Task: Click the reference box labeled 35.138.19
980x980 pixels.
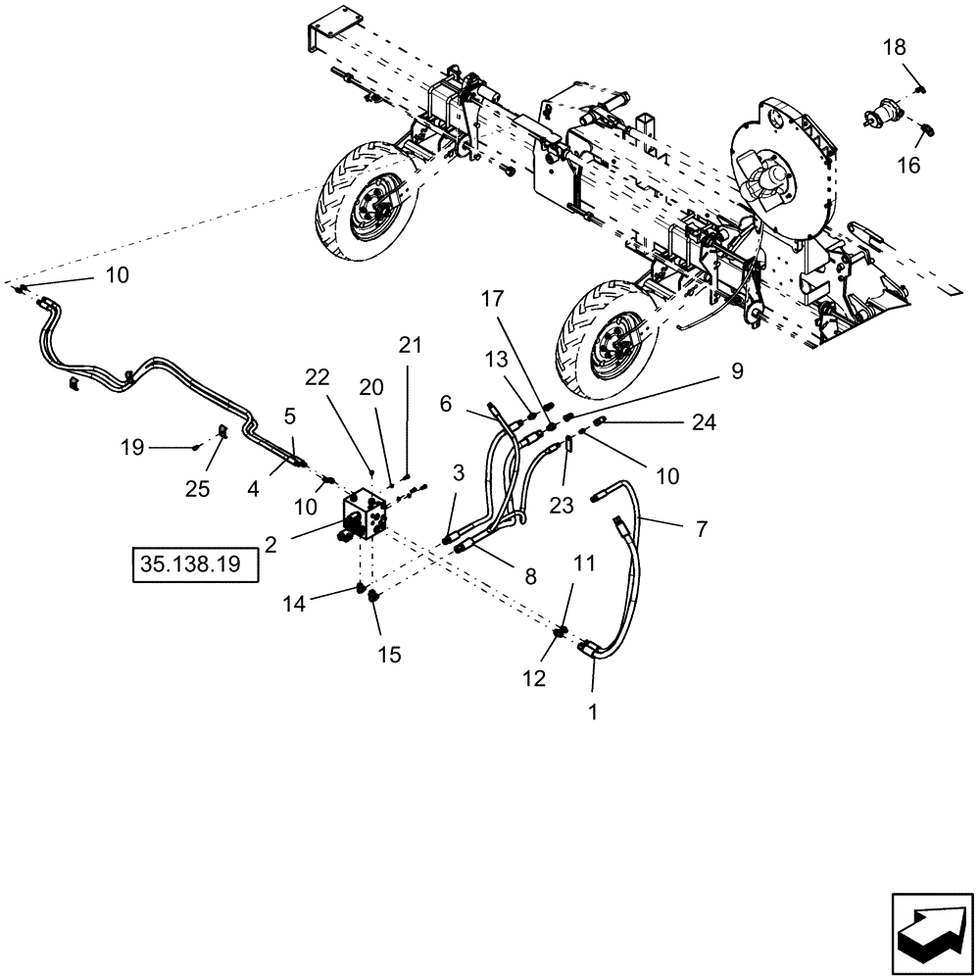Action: (x=194, y=565)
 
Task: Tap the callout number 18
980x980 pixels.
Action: (x=895, y=48)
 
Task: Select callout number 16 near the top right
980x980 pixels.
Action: (x=909, y=165)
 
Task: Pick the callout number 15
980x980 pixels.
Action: (x=389, y=655)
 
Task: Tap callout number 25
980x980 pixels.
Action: (x=198, y=489)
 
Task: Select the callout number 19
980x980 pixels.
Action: (x=132, y=448)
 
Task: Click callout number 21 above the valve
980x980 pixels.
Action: (x=410, y=345)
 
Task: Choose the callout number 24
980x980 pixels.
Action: (x=704, y=422)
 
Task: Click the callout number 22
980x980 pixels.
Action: (x=315, y=377)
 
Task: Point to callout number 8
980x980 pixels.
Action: (x=530, y=577)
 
